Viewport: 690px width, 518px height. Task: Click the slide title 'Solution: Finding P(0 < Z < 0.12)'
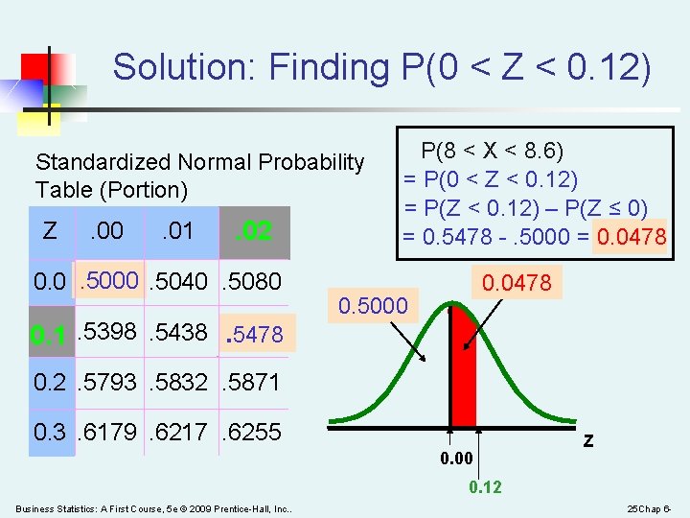click(381, 67)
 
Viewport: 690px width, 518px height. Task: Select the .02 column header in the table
click(253, 231)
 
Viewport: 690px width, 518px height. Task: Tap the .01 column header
click(177, 230)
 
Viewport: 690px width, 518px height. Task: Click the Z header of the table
click(50, 230)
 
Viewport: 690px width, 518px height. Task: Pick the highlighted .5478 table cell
click(254, 335)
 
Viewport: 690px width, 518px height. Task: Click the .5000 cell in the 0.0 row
click(109, 280)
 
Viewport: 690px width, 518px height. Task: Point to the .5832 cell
click(179, 382)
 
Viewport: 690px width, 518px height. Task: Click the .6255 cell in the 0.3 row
click(251, 433)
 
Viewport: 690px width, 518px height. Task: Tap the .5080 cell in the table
click(251, 281)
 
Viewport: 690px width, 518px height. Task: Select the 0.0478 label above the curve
click(517, 283)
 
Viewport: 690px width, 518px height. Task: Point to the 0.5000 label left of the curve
click(373, 306)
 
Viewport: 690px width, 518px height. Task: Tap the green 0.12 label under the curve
click(484, 487)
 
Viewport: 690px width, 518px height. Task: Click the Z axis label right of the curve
click(588, 441)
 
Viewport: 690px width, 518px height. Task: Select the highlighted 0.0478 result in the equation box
click(631, 236)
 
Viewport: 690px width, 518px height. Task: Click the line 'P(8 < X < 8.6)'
click(493, 152)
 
